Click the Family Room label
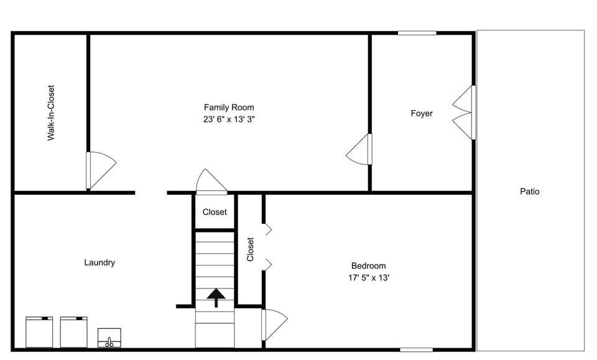(x=229, y=108)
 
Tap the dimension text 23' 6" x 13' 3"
(x=229, y=119)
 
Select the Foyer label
(x=422, y=113)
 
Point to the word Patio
(x=530, y=192)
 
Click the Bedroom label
(x=368, y=265)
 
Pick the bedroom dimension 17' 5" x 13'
(x=368, y=278)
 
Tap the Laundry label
(x=99, y=262)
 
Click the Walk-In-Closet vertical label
(x=51, y=113)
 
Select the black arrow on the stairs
(x=216, y=297)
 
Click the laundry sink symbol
(x=109, y=338)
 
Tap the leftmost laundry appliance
(x=39, y=332)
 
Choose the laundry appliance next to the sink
(x=74, y=332)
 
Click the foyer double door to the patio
(x=463, y=113)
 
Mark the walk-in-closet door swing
(x=100, y=170)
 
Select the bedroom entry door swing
(x=274, y=324)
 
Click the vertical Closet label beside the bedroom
(x=251, y=249)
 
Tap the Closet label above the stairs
(x=215, y=212)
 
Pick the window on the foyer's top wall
(x=417, y=33)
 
